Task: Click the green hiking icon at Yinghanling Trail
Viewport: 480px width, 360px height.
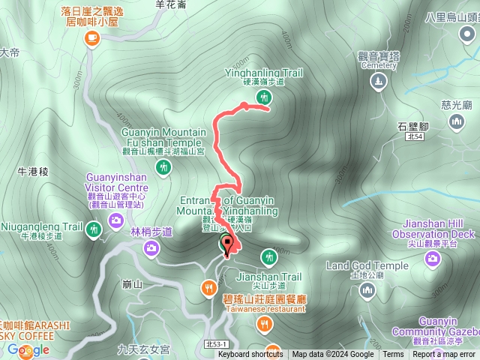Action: click(263, 97)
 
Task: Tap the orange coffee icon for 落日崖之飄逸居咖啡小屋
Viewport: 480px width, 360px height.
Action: click(92, 39)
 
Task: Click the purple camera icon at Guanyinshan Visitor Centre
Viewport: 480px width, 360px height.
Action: click(116, 220)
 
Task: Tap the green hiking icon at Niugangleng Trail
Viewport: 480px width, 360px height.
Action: click(93, 228)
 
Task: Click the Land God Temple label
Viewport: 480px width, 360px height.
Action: click(367, 265)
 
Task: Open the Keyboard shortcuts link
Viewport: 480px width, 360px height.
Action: click(250, 355)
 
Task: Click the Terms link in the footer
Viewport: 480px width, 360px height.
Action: click(393, 355)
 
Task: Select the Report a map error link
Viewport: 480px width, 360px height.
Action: click(443, 355)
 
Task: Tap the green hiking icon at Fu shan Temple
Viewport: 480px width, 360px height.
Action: click(164, 169)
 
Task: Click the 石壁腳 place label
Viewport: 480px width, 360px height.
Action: click(412, 125)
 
